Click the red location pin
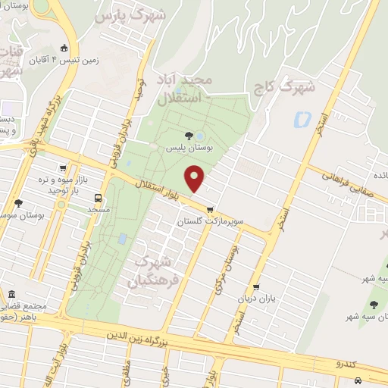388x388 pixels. tap(196, 179)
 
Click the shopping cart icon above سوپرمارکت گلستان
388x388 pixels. tap(210, 211)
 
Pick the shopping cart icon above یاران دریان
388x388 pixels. tap(257, 287)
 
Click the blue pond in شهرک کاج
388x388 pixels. tap(301, 119)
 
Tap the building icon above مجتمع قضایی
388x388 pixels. tap(12, 294)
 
